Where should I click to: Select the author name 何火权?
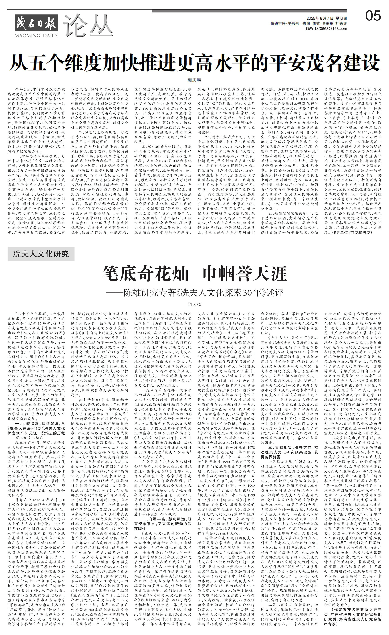[195, 304]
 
